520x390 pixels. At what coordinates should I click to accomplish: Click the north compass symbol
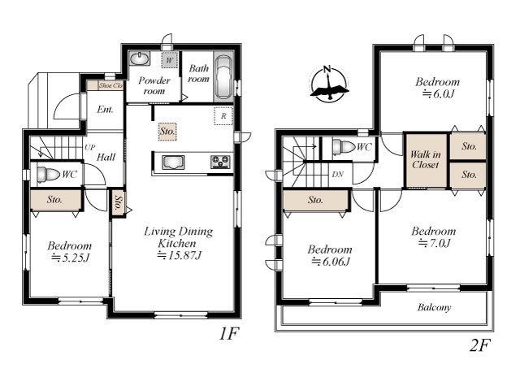point(329,84)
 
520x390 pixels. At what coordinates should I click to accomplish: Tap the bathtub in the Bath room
point(223,77)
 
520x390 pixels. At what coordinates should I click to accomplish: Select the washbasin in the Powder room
point(139,59)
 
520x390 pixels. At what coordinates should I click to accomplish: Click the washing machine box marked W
point(170,60)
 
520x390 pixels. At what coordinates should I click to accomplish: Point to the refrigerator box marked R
point(223,116)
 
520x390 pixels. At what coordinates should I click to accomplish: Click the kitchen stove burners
point(220,162)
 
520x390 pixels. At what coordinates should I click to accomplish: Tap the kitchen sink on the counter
point(173,162)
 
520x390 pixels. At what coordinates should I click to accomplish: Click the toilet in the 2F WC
point(344,146)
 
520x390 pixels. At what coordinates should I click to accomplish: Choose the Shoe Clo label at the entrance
point(110,85)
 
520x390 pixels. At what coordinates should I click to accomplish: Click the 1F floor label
point(229,333)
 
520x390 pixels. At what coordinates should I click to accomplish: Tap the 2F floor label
point(479,345)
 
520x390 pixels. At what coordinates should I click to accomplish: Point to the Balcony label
point(434,307)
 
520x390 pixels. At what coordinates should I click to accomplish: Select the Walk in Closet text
point(426,159)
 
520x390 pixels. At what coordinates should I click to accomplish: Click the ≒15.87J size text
point(179,255)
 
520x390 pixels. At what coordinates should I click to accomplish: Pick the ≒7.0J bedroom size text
point(434,243)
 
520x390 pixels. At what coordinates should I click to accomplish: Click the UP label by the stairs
point(89,147)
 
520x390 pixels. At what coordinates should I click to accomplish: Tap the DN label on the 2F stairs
point(338,174)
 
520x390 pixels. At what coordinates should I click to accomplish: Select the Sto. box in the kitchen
point(167,132)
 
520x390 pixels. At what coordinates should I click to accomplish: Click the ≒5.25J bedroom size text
point(70,258)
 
